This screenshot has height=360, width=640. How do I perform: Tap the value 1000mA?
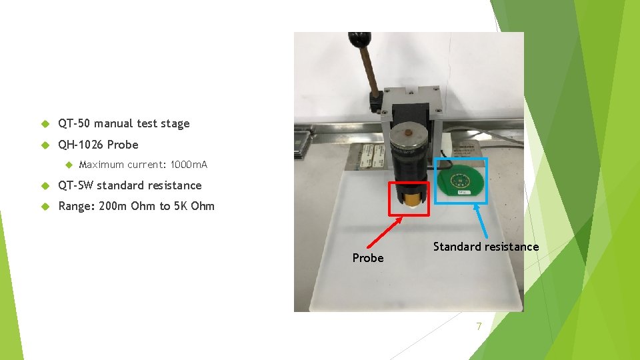[x=189, y=165]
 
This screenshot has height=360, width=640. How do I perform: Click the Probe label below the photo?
[x=368, y=258]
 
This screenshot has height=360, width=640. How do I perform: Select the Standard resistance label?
[x=485, y=247]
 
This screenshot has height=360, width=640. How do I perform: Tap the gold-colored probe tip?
[x=409, y=199]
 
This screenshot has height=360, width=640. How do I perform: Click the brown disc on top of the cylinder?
[x=409, y=134]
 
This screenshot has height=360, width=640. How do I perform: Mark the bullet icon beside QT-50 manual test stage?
[x=45, y=124]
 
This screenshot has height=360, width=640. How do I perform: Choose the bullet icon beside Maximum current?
[x=68, y=165]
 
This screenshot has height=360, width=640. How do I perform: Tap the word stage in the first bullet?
[x=175, y=124]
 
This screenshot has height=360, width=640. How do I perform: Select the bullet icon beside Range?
[x=45, y=206]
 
